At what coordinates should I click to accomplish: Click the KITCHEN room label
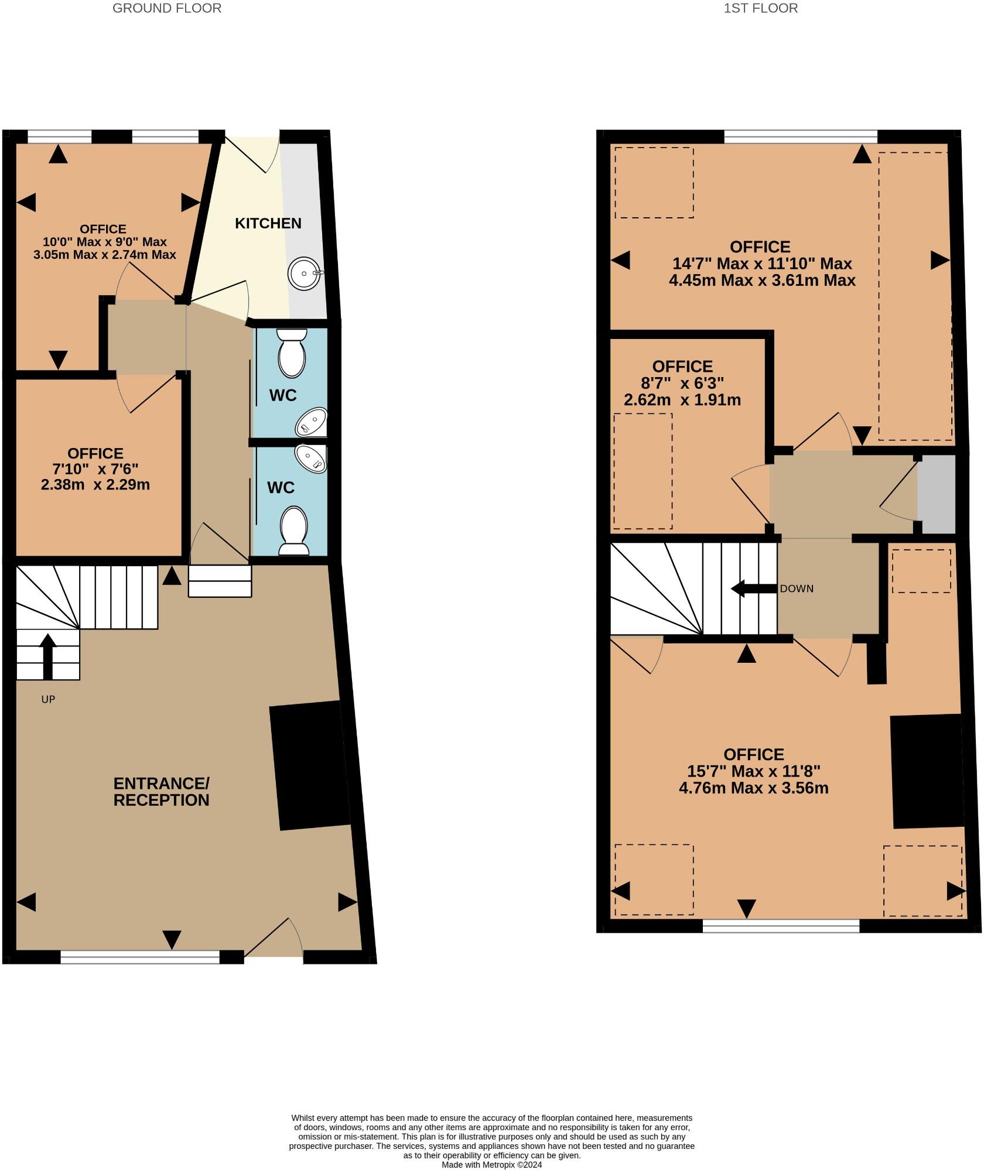pos(268,223)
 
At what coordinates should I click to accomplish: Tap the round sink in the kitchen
pos(304,273)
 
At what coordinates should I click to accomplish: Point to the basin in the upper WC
pos(312,422)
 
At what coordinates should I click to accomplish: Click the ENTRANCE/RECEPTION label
pos(161,792)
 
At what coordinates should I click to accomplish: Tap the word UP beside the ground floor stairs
pos(48,699)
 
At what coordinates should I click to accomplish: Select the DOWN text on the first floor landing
pos(797,589)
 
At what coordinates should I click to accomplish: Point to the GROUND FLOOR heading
pos(167,8)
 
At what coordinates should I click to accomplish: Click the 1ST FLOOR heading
pos(760,8)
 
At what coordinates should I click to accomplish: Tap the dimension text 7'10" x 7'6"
pos(95,469)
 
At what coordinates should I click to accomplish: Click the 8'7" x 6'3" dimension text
pos(682,384)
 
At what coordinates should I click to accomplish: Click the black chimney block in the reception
pos(309,765)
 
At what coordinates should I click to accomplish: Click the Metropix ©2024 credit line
pos(492,1165)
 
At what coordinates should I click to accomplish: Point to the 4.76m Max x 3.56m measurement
pos(753,788)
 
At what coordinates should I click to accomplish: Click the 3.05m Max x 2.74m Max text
pos(105,255)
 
